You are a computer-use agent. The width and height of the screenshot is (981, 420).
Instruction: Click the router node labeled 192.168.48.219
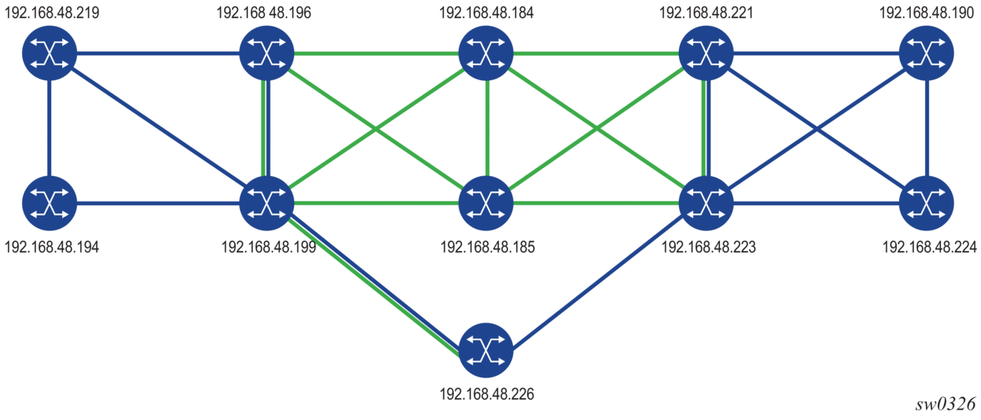coord(50,53)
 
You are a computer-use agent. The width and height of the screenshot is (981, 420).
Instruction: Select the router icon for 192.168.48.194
coord(50,204)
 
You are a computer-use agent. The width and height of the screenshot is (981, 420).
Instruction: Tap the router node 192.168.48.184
coord(487,53)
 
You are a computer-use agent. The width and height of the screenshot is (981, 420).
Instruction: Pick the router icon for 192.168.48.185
coord(487,204)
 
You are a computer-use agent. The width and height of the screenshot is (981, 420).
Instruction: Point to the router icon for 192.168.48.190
coord(928,53)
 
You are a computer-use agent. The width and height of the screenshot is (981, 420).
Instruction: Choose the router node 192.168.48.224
coord(928,204)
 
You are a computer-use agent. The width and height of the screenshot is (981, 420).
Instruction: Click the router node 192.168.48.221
coord(706,53)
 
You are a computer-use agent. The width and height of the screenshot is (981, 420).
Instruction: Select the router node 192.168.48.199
coord(267,204)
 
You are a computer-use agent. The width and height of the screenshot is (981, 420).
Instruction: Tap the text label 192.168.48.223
coord(709,247)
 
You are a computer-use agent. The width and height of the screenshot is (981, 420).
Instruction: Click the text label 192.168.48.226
coord(487,393)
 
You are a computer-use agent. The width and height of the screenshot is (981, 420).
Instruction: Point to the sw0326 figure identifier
coord(946,404)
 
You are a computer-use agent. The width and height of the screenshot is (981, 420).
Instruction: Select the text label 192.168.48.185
coord(488,247)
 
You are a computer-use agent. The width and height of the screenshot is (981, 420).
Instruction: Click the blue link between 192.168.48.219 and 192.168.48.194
coord(50,128)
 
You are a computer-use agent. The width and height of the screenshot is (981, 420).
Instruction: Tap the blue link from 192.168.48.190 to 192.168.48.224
coord(928,128)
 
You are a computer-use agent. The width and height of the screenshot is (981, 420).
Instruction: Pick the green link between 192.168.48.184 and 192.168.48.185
coord(487,128)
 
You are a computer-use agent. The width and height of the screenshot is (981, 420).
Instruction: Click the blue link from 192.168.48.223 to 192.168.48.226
coord(598,276)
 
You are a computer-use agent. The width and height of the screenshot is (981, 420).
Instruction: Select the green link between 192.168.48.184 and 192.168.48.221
coord(596,53)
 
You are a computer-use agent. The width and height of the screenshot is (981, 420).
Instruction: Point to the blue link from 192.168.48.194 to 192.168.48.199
coord(157,204)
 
